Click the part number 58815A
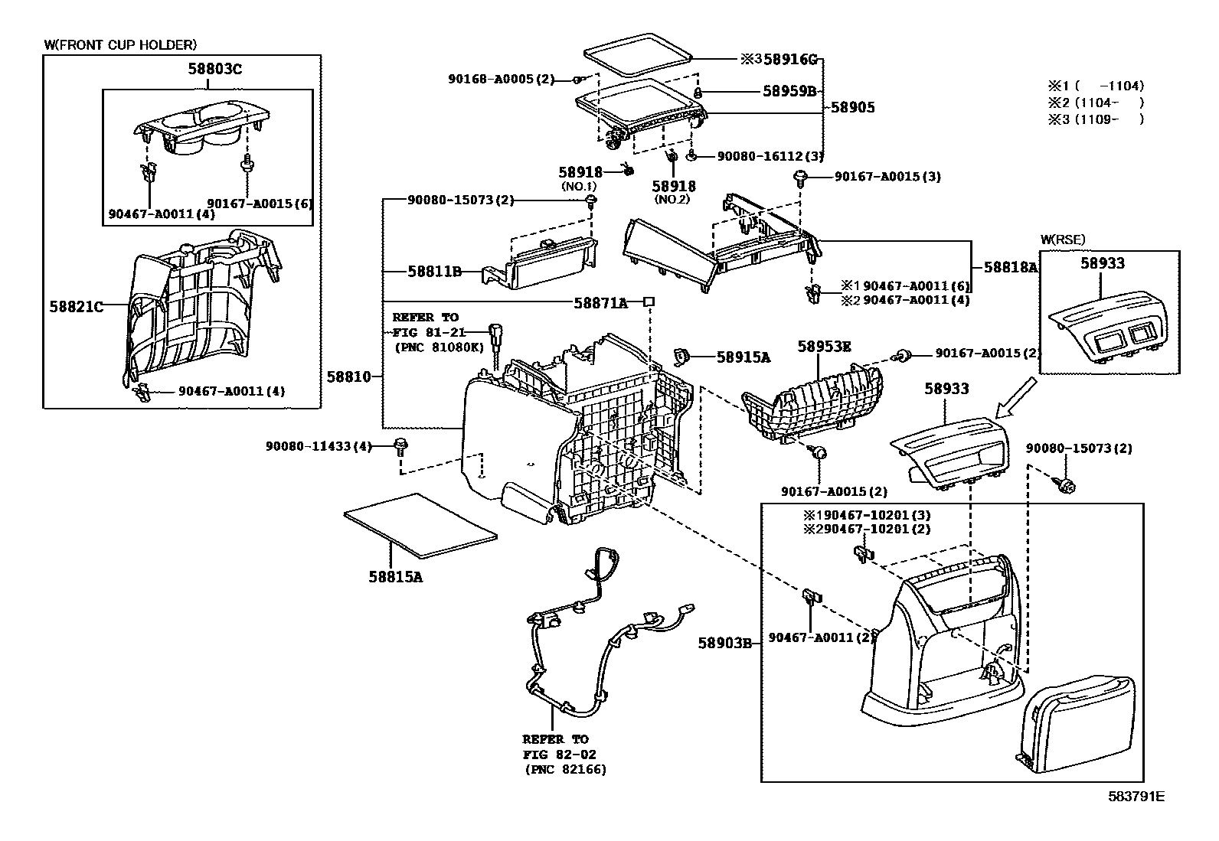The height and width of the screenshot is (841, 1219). [394, 577]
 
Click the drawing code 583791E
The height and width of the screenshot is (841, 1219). [1136, 797]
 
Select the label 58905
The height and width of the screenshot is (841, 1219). [852, 108]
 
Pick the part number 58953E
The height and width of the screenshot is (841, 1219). [824, 346]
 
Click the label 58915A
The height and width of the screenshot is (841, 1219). [743, 357]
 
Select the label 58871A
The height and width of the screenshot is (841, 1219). [600, 303]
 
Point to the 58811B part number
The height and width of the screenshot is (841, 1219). [434, 271]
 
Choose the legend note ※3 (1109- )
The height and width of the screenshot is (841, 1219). [1096, 119]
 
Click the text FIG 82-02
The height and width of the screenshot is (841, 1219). [555, 755]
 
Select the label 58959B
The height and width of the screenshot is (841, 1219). [789, 90]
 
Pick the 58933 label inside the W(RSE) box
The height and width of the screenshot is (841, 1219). [1103, 263]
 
